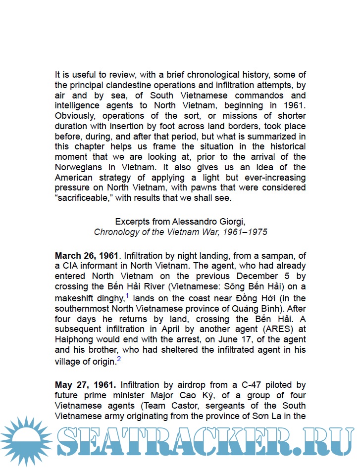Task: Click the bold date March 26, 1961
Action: [87, 256]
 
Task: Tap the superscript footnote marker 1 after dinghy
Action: [127, 295]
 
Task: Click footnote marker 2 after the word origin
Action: [119, 359]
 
